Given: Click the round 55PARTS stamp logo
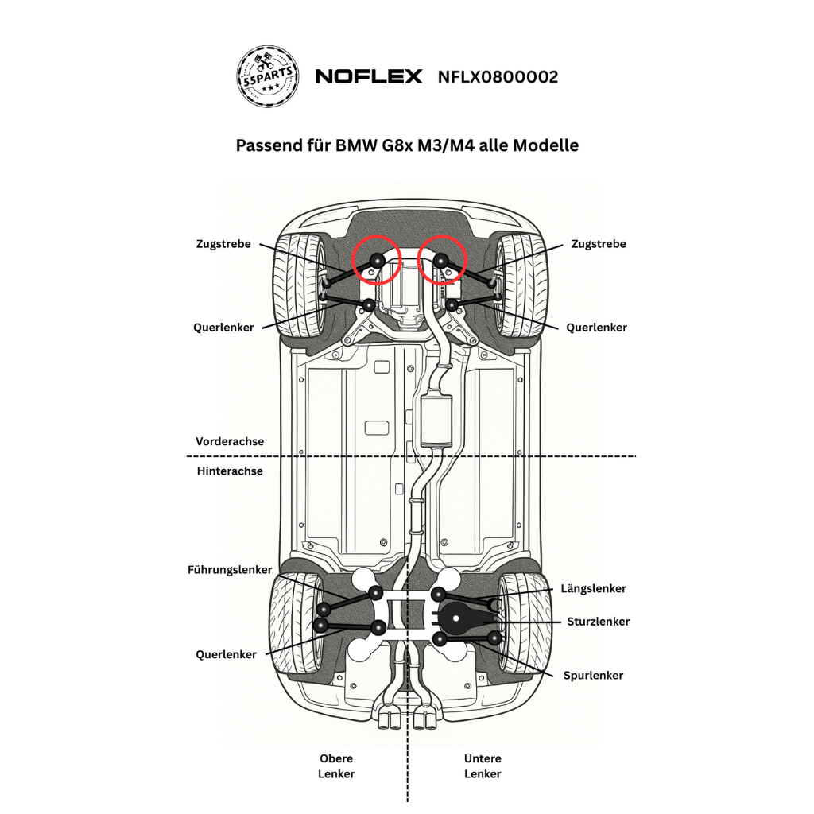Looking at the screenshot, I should coord(269,76).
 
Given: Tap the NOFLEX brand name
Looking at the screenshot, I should coord(369,77).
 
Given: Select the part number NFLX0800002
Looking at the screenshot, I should coord(498,77).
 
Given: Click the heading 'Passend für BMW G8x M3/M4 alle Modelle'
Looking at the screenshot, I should coord(407,145).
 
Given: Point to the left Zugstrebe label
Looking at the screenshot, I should coord(223,244).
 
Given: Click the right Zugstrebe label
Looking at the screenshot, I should coord(599,244).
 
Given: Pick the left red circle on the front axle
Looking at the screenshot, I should coord(376,260).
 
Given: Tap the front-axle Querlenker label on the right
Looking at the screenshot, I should coord(596,328).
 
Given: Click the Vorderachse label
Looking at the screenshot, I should coord(230,441).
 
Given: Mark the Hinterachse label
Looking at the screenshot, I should coord(230,471).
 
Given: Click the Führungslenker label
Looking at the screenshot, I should coord(230,570).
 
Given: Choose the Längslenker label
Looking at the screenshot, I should coord(593,589).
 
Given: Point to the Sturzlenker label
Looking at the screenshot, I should coord(598,622).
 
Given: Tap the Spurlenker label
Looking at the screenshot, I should coord(593,676).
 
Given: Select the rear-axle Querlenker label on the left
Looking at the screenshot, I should coord(226,655).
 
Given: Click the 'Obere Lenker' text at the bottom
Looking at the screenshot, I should coord(336,766).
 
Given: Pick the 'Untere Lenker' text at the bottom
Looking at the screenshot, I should coord(483,766).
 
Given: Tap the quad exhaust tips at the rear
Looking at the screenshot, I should coord(407,721).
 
